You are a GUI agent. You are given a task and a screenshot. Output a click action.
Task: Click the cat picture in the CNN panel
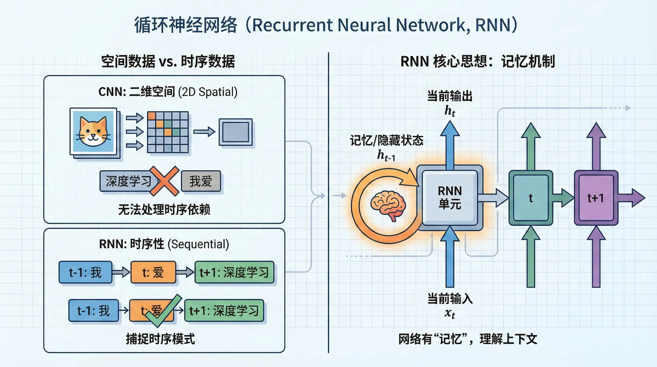coord(93,131)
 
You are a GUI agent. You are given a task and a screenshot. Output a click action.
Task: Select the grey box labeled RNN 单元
coord(450,198)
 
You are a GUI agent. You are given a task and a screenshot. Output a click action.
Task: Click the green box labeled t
coord(530,198)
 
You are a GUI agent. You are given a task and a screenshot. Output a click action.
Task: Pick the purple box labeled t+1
coord(596,198)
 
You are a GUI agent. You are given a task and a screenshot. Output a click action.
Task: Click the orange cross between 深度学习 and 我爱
coord(165,181)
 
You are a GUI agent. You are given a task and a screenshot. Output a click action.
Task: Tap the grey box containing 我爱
coord(201,181)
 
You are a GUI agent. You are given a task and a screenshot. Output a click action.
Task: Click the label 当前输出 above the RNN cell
coord(450,96)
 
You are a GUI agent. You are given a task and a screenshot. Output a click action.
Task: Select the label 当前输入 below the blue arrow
coord(450,299)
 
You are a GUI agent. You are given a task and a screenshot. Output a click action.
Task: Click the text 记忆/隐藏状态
coord(386,140)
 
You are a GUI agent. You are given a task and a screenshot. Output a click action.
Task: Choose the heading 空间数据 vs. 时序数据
coord(168,62)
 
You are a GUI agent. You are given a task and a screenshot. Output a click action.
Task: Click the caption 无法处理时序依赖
coord(164,210)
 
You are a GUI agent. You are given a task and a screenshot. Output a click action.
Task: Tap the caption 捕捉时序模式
coord(160,339)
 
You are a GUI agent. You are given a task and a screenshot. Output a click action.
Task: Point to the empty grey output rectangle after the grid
coord(235,132)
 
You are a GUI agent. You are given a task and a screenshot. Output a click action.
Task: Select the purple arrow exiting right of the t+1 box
coord(632,198)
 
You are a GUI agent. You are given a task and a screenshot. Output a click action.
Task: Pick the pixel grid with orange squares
coord(168,132)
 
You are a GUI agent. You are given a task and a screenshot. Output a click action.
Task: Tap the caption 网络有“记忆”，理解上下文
coord(467,339)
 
